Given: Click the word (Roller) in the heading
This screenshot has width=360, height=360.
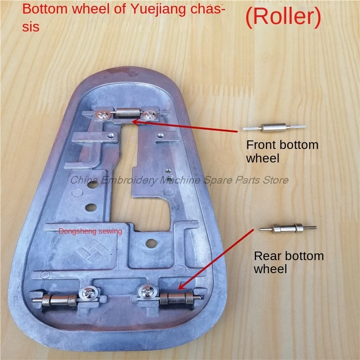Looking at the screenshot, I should click(283, 17).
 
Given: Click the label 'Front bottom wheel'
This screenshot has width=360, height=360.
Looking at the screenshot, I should click(282, 151).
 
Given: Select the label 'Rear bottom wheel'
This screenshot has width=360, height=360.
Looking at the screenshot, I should click(288, 262).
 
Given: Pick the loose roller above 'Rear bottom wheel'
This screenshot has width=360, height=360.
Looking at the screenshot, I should click(288, 229).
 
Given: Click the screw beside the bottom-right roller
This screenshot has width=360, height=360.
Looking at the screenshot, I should click(148, 293).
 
